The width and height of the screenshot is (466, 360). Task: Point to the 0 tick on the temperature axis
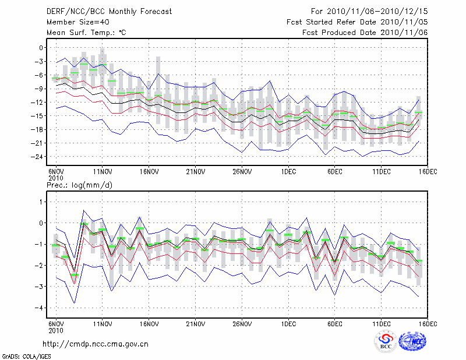(x=41, y=48)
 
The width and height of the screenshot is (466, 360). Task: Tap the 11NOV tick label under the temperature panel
(x=103, y=171)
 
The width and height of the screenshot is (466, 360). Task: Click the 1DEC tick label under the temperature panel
(x=288, y=171)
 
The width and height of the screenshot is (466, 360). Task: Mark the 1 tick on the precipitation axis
(x=41, y=202)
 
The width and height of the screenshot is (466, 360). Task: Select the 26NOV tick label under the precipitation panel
(x=242, y=323)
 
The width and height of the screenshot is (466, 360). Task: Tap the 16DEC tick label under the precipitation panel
(x=427, y=323)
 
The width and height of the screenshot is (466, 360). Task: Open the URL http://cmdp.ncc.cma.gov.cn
(x=96, y=344)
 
